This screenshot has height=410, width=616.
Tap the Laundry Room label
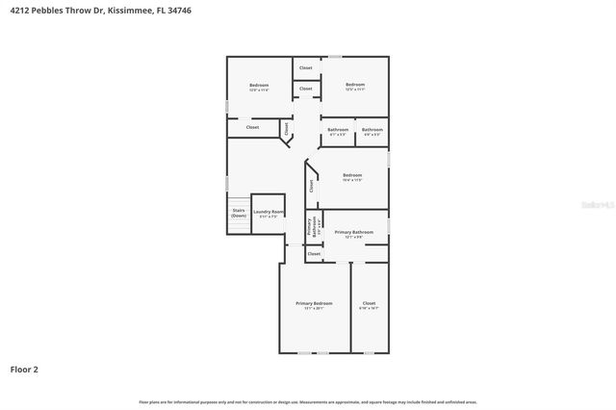[x=269, y=213]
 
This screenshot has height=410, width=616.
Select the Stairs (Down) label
[x=239, y=213]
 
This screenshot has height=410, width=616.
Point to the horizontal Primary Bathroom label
[x=353, y=233]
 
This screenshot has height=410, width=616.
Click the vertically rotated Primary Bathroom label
[x=312, y=226]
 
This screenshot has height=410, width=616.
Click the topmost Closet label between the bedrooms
[x=305, y=68]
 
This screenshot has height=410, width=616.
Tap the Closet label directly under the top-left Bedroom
[x=252, y=127]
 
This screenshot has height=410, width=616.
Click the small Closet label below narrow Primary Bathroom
[x=314, y=254]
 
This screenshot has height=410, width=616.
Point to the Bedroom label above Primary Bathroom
[x=351, y=176]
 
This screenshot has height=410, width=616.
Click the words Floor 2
[x=24, y=369]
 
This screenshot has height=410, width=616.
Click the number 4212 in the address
[x=18, y=9]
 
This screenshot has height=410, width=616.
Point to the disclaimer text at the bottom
[x=308, y=401]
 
